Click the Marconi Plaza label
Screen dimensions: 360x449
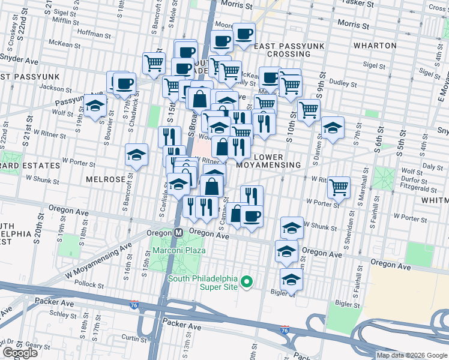coord(178,250)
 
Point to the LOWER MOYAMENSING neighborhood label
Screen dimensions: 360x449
coord(268,160)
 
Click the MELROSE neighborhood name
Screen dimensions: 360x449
coord(106,179)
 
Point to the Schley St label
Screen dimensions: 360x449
coord(63,314)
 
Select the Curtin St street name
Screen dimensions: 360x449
coord(131,338)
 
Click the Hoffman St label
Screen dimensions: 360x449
coord(95,35)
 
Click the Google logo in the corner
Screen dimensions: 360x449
coord(20,353)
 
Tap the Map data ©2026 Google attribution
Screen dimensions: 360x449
coord(412,355)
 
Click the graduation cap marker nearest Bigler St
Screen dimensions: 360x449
coord(291,280)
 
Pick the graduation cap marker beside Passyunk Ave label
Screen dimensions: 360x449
coord(95,106)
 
